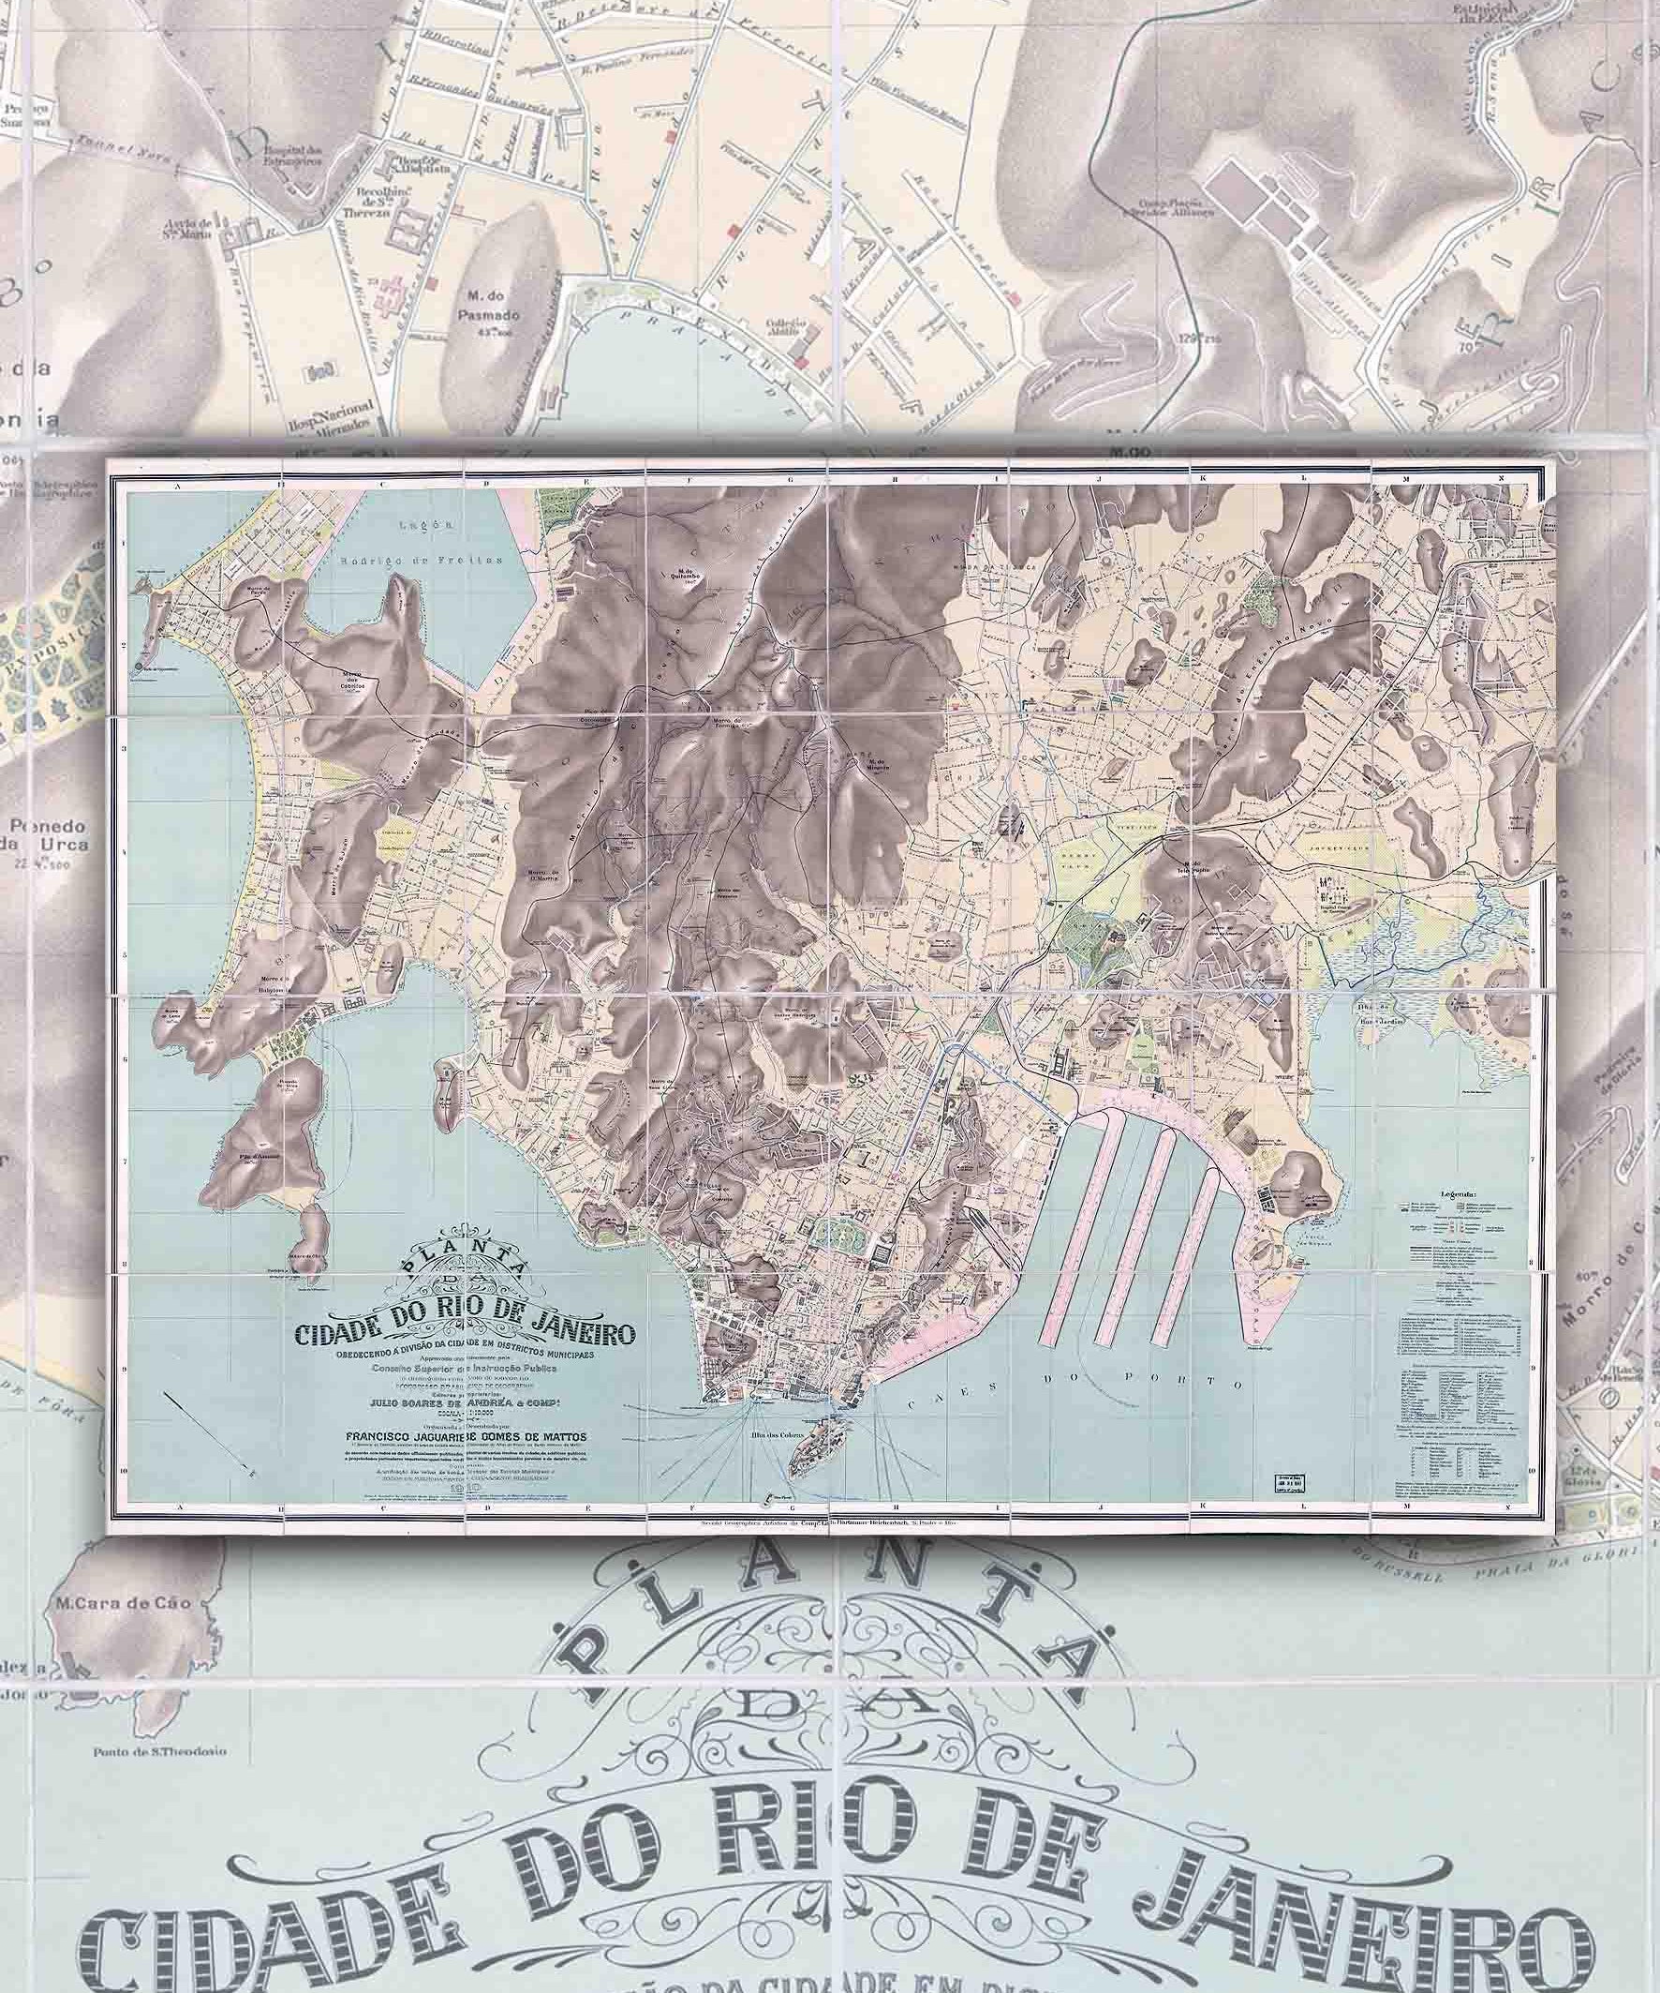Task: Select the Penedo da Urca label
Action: pyautogui.click(x=59, y=835)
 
